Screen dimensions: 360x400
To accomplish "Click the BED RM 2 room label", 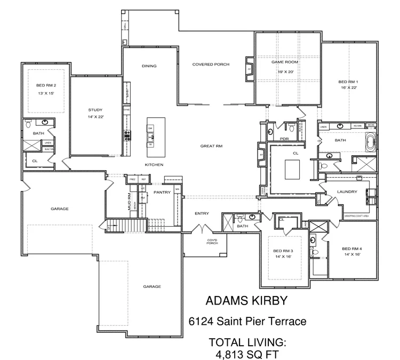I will point(46,85).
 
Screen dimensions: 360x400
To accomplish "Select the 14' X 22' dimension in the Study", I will point(99,116).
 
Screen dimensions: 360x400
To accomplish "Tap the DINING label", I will point(149,66).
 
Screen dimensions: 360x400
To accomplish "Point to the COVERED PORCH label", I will point(211,64).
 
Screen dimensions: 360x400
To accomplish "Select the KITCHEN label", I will point(154,165).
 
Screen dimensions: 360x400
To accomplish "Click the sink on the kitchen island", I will point(151,137).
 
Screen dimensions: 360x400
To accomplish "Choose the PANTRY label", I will point(161,191).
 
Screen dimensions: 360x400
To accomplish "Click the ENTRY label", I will point(202,213).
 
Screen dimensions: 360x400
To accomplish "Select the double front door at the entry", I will point(202,230).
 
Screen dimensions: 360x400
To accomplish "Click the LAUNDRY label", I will point(347,191).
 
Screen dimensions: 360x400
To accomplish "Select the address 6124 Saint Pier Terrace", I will point(247,322).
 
